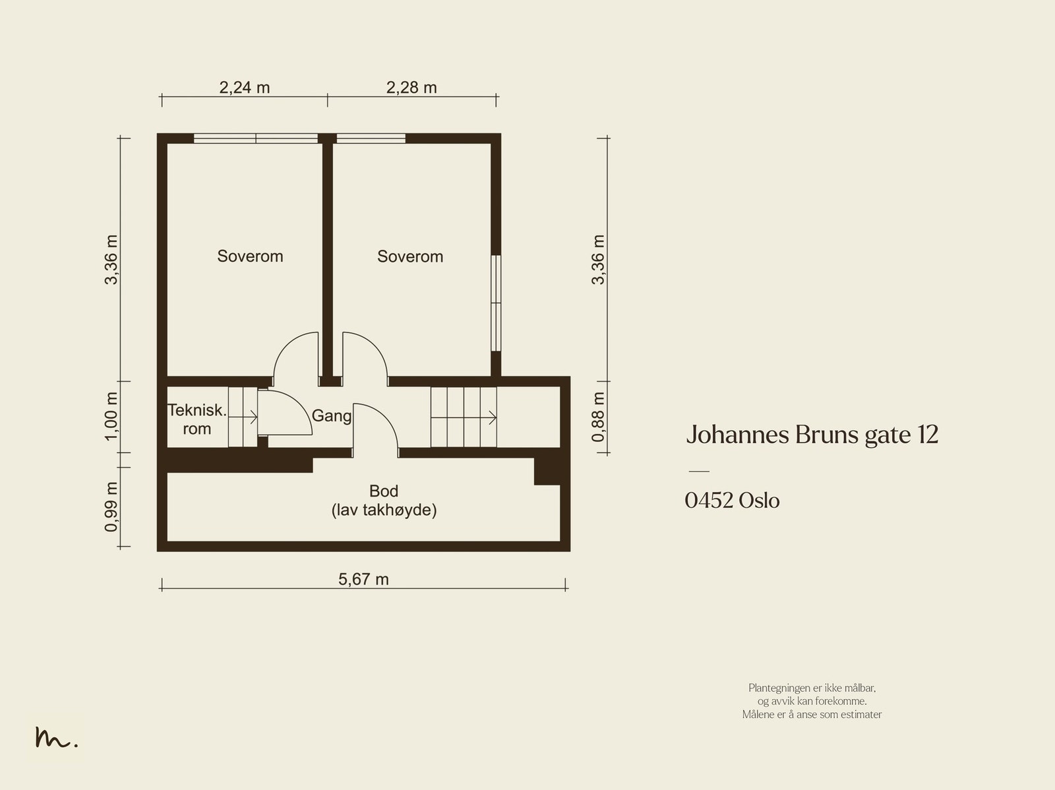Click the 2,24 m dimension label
245,88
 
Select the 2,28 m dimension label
411,88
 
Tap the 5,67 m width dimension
363,580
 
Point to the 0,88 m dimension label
598,417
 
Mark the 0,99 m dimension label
111,506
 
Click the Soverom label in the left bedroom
250,257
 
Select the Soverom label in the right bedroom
410,257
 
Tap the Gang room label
331,416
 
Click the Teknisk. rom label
196,419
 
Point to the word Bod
384,491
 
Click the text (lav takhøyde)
384,510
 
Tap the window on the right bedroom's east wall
495,303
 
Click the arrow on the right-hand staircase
491,417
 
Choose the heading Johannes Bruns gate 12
812,435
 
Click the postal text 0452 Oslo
732,501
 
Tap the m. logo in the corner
56,738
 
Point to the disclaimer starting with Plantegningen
812,701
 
